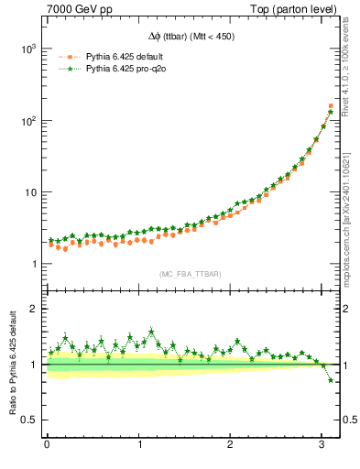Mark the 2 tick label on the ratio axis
(x=33, y=309)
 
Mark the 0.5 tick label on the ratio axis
(x=29, y=420)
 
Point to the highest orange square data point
(x=331, y=106)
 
